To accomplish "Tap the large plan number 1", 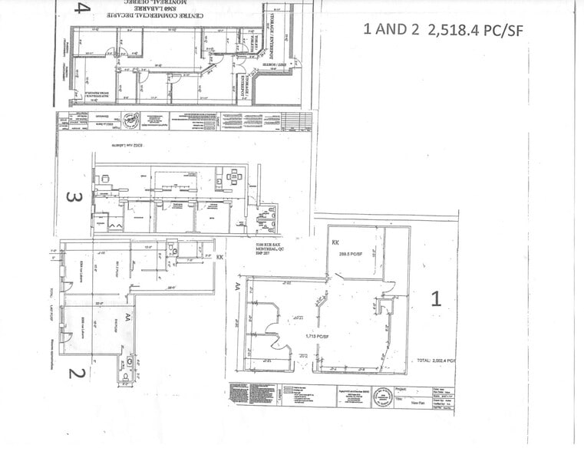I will coord(435,298).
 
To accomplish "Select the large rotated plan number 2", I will coord(75,374).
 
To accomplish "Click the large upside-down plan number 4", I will coord(82,10).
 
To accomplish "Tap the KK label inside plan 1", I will coord(335,242).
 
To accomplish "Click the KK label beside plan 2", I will coord(220,258).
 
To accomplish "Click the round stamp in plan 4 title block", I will coord(133,120).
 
